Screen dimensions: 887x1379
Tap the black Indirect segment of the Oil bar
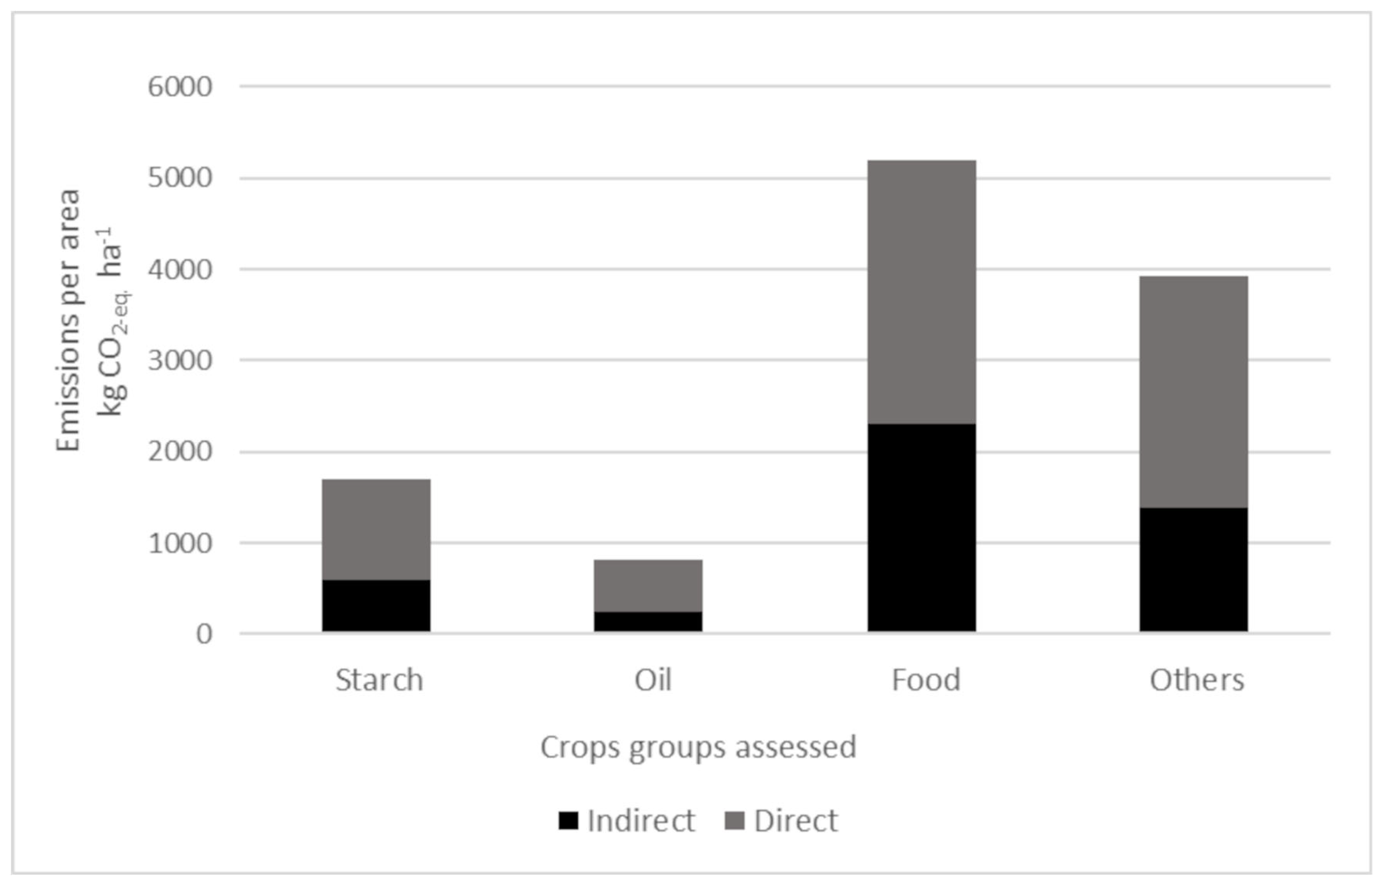[648, 622]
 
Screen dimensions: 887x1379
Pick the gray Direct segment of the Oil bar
[648, 585]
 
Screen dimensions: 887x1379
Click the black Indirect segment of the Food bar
[922, 528]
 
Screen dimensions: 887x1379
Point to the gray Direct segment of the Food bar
[922, 292]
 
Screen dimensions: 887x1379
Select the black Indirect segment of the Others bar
[1194, 570]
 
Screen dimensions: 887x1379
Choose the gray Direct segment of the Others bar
[1194, 391]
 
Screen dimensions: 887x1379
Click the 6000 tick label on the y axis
[180, 87]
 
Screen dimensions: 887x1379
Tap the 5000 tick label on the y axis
[180, 178]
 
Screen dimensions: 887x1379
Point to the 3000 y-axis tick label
[180, 361]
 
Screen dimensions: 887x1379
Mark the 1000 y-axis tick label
[180, 543]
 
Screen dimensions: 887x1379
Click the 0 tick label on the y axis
[204, 634]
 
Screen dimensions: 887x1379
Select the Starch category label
[379, 680]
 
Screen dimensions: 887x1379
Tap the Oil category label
[653, 680]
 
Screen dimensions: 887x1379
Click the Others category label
[1197, 680]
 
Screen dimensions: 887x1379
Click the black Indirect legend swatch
[568, 821]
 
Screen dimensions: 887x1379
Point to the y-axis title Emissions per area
[69, 320]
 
